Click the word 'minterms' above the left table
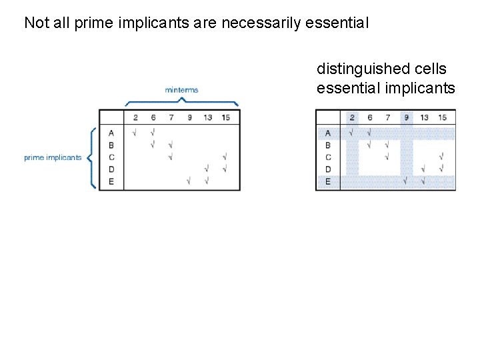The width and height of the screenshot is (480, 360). (181, 89)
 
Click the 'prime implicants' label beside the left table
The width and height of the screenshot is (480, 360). (53, 158)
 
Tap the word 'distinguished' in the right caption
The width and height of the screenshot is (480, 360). (354, 69)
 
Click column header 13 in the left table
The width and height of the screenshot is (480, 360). (208, 118)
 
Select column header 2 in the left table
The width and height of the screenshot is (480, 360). (135, 118)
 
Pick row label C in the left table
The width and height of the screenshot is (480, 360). (111, 157)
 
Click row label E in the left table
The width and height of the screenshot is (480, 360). (111, 181)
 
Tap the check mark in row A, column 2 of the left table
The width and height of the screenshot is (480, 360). (135, 133)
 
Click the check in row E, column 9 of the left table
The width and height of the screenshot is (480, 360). (189, 181)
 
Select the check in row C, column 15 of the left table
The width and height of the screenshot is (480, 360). (225, 157)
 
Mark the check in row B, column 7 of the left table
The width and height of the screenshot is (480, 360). (171, 145)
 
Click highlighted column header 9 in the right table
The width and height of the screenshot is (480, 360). (406, 118)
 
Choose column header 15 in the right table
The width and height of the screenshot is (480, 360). (442, 118)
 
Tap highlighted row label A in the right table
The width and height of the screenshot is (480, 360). (327, 133)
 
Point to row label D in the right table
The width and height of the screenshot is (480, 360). (327, 169)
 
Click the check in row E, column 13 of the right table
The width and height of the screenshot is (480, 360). (423, 181)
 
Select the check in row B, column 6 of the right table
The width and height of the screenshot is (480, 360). (369, 145)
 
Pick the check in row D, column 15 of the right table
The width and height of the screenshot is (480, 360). (441, 169)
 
